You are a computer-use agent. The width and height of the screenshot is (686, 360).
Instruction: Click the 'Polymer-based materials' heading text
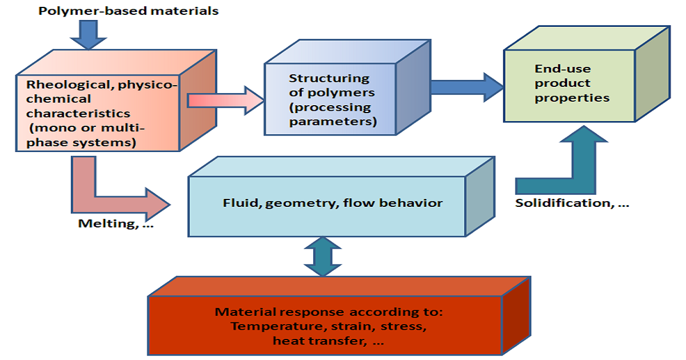pyautogui.click(x=129, y=11)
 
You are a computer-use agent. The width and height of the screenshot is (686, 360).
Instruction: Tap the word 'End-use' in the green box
pyautogui.click(x=555, y=69)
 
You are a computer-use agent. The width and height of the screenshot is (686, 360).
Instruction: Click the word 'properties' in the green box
pyautogui.click(x=572, y=97)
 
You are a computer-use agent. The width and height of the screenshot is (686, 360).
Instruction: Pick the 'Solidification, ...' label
pyautogui.click(x=572, y=203)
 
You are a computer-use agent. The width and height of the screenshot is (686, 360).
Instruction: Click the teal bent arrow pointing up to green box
pyautogui.click(x=577, y=166)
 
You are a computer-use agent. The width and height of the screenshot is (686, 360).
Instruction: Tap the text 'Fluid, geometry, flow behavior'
pyautogui.click(x=333, y=203)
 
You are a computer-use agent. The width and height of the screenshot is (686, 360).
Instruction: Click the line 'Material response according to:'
pyautogui.click(x=325, y=312)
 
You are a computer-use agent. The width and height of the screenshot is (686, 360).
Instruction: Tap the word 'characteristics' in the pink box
pyautogui.click(x=78, y=113)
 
